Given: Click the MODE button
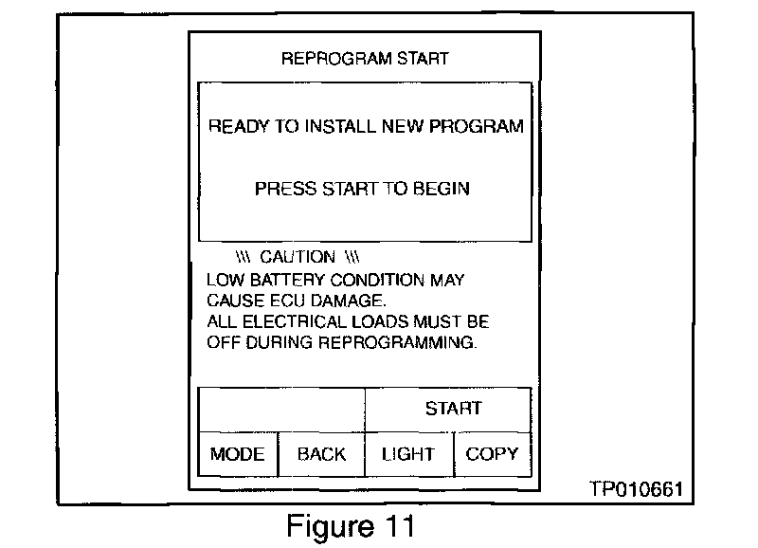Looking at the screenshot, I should (237, 454).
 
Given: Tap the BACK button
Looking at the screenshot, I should (321, 454).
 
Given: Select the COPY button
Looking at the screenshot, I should (492, 454).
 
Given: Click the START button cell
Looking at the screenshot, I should (453, 409).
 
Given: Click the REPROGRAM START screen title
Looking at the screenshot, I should (365, 59).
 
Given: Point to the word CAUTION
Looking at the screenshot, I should (297, 257).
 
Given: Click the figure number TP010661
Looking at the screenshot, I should (635, 489).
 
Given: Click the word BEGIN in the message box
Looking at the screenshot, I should (441, 189).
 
